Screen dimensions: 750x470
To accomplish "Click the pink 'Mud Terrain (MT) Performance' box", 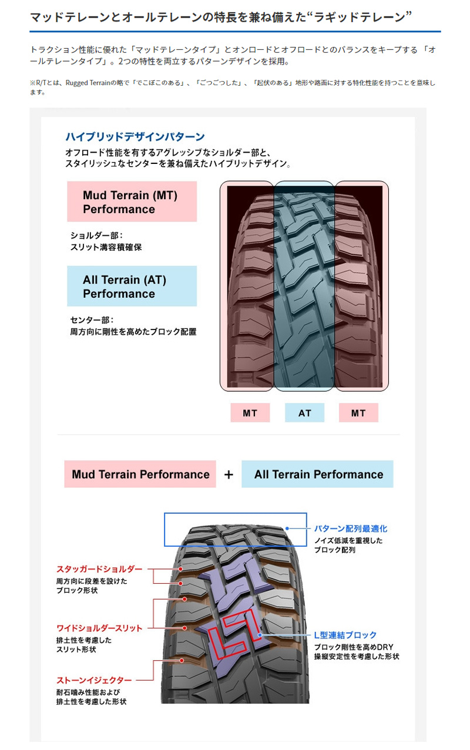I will [132, 201].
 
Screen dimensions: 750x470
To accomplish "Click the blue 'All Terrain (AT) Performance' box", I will [132, 286].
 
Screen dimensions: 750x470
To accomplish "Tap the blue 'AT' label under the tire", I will [304, 413].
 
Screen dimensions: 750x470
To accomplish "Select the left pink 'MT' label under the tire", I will [250, 413].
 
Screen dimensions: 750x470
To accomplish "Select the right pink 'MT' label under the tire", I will [358, 413].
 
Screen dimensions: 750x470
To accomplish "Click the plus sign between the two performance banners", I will [229, 475].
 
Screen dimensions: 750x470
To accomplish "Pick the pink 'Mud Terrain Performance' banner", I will [140, 475].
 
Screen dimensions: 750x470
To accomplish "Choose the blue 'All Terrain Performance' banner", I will [318, 475].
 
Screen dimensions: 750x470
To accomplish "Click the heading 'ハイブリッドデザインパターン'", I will [135, 137].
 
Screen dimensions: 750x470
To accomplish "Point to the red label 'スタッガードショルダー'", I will [99, 569].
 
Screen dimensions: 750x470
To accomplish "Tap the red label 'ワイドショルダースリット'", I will [99, 628].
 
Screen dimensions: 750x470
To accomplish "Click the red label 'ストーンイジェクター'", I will [94, 680].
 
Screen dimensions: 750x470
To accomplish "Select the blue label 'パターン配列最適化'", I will [350, 529].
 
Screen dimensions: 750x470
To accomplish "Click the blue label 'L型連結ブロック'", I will [345, 635].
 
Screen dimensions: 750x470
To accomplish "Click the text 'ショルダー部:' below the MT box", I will [96, 236].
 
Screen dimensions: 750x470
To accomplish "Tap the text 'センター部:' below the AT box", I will [92, 320].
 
